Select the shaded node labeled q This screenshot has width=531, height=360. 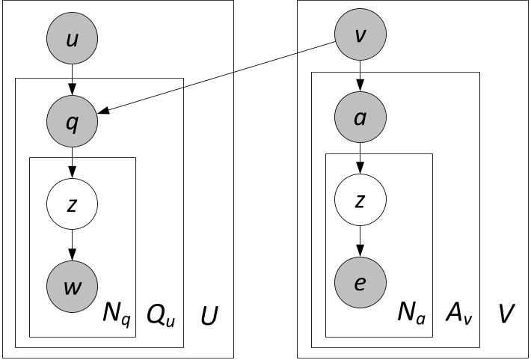click(x=72, y=122)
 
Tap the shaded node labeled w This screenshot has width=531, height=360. click(x=72, y=287)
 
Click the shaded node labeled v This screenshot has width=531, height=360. click(x=361, y=34)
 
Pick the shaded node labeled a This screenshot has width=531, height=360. click(x=361, y=117)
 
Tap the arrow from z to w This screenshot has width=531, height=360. click(x=72, y=245)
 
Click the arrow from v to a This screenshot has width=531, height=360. click(x=361, y=76)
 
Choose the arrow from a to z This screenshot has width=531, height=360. click(x=361, y=158)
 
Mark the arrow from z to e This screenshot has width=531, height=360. click(x=361, y=240)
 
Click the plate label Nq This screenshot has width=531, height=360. click(x=116, y=317)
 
